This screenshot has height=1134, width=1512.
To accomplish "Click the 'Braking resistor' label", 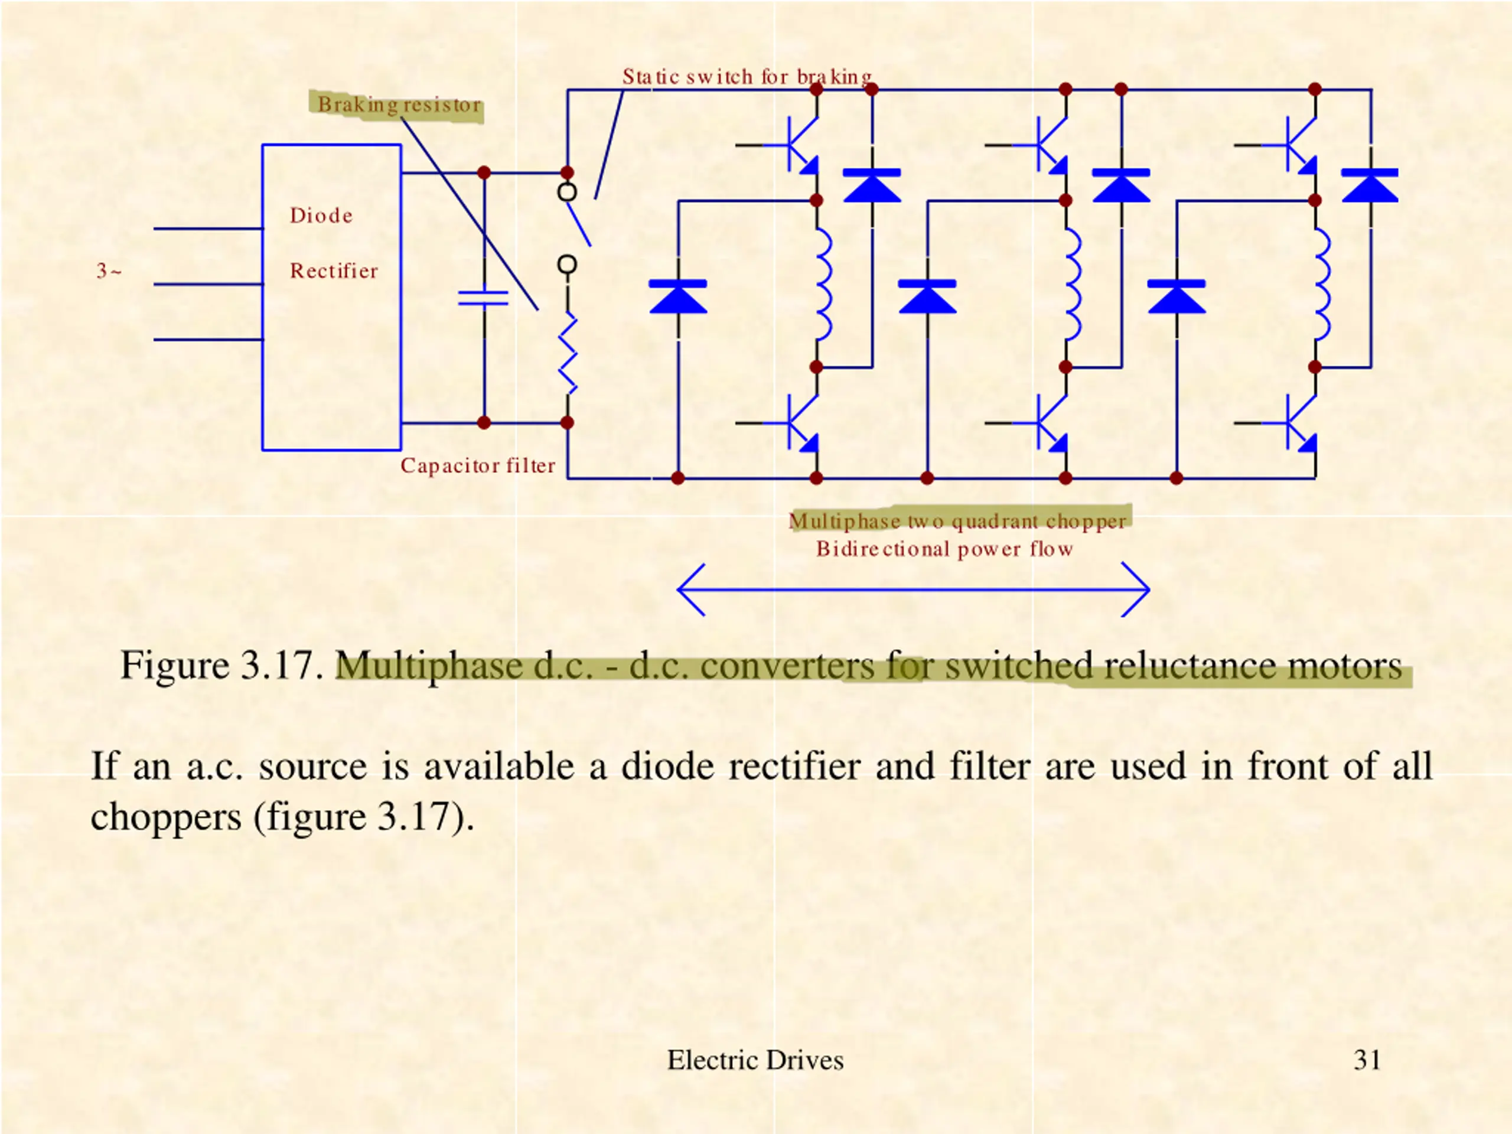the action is [400, 105].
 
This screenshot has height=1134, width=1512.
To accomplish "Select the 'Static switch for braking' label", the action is [747, 77].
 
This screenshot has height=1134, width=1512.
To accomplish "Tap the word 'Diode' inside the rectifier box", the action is [321, 216].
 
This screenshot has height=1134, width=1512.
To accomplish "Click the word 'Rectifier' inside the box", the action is [334, 271].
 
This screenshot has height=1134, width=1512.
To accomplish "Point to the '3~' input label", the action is [109, 271].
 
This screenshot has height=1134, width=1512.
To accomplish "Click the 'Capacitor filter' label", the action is [478, 465].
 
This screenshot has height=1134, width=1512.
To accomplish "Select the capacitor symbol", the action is [483, 297].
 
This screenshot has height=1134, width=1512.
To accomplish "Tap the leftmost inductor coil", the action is [825, 284].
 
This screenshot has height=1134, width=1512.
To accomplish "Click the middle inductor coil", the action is [1074, 284].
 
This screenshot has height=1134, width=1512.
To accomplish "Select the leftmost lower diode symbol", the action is [678, 296].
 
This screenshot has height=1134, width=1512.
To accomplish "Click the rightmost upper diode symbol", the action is [1370, 185].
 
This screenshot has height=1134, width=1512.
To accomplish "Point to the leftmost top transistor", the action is [793, 145].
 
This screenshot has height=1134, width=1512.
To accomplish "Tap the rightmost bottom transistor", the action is [1291, 422].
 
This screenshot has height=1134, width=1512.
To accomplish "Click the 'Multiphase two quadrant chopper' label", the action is [957, 521].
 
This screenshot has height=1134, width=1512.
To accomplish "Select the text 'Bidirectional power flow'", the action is [944, 549].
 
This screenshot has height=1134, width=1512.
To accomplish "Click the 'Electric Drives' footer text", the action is [755, 1060].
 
